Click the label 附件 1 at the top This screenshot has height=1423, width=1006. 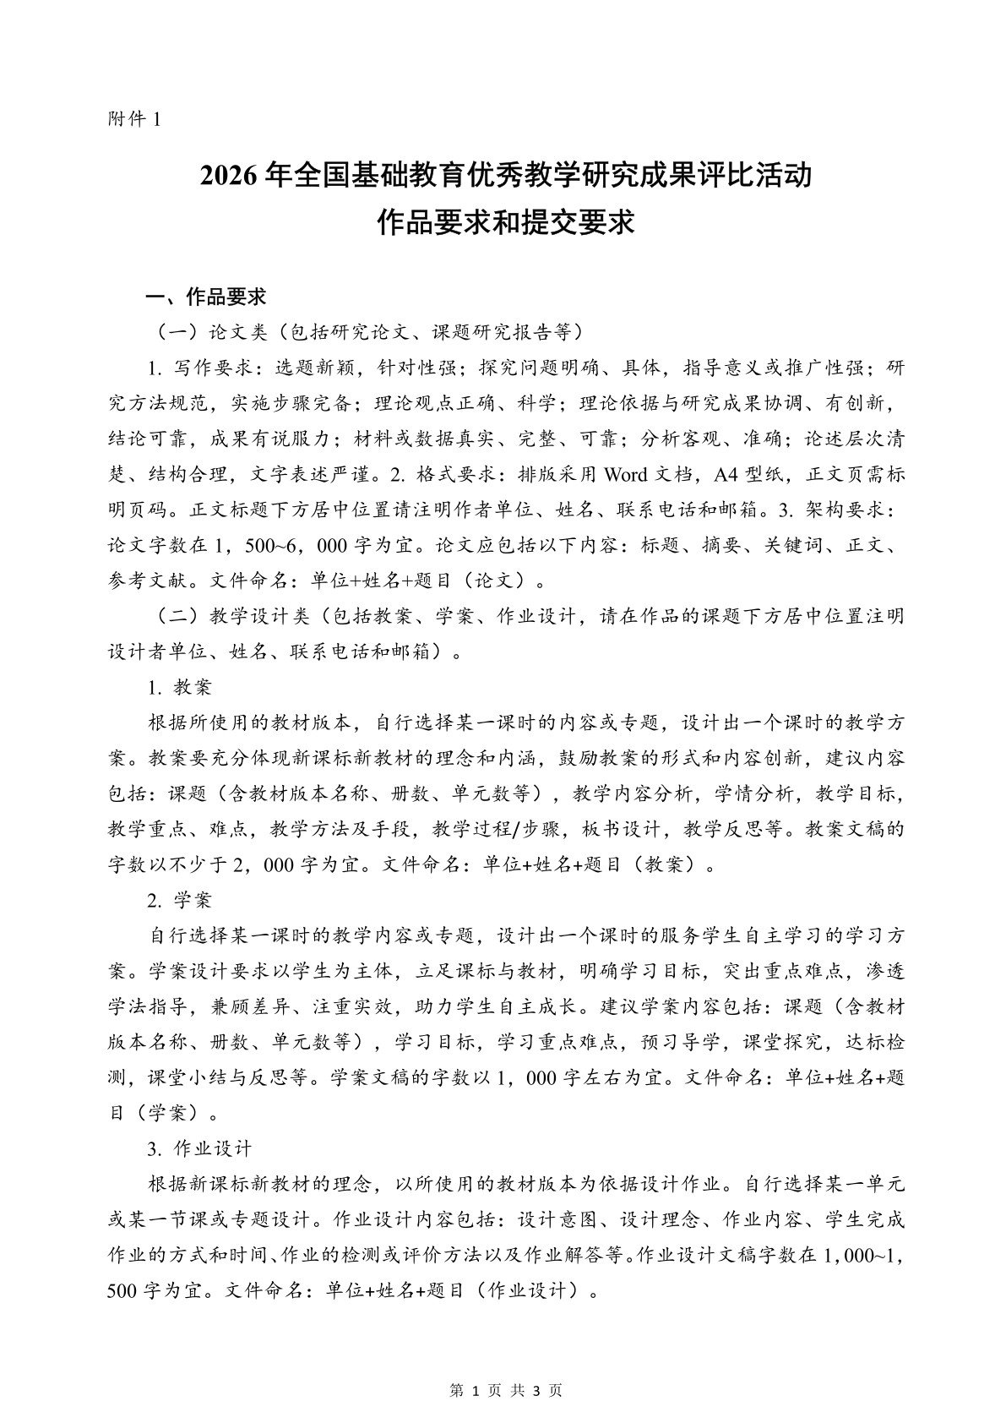coord(133,120)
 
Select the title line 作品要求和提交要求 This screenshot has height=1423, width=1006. coord(504,223)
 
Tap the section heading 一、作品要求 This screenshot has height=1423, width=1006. coord(206,297)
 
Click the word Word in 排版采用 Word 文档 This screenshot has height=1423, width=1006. coord(626,474)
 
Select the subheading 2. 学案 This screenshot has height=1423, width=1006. coord(179,900)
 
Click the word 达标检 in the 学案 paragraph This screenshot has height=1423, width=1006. coord(874,1042)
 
